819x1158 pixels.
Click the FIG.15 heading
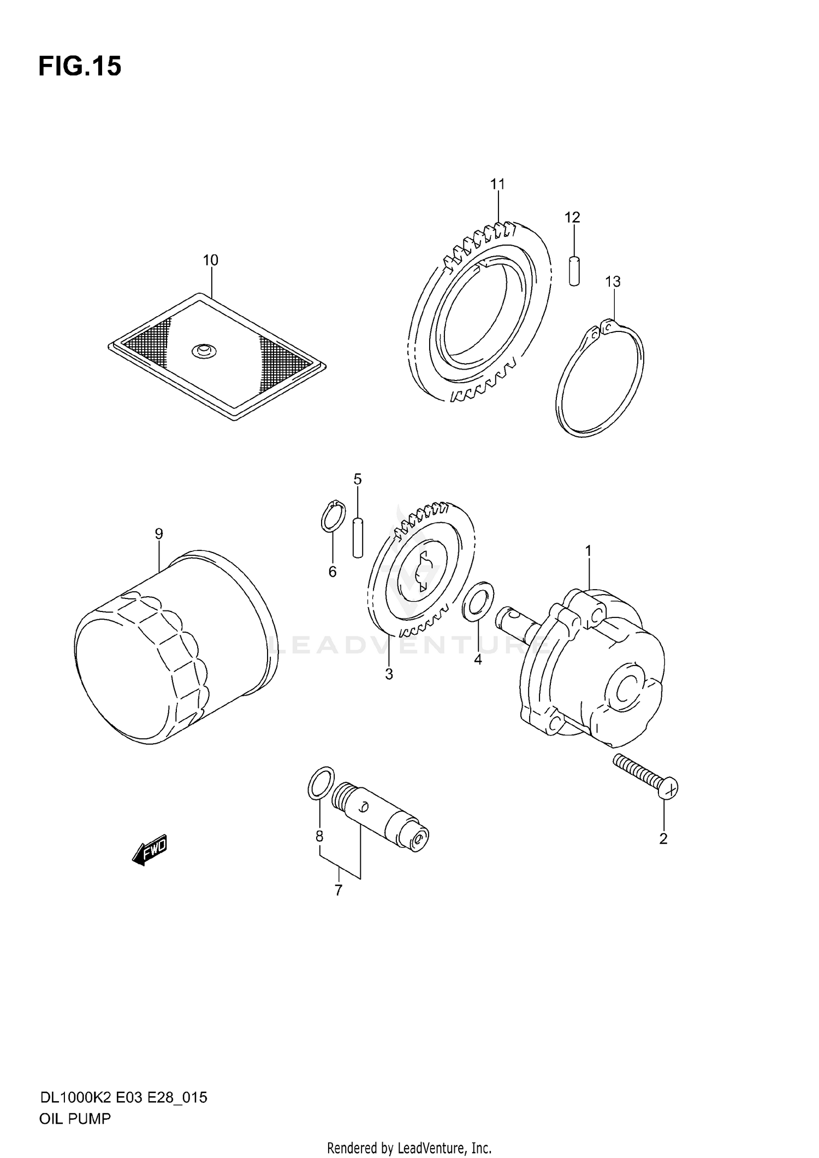pyautogui.click(x=80, y=67)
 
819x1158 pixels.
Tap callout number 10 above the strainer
pyautogui.click(x=210, y=260)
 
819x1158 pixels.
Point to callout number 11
pyautogui.click(x=497, y=185)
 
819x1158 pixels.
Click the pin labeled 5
pyautogui.click(x=358, y=538)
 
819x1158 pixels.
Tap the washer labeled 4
pyautogui.click(x=478, y=601)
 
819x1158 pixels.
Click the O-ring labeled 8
pyautogui.click(x=321, y=782)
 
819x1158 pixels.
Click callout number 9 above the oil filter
pyautogui.click(x=159, y=533)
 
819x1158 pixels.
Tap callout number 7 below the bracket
pyautogui.click(x=339, y=890)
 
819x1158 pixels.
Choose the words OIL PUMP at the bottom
pyautogui.click(x=75, y=1119)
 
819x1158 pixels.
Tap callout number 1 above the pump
pyautogui.click(x=589, y=551)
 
